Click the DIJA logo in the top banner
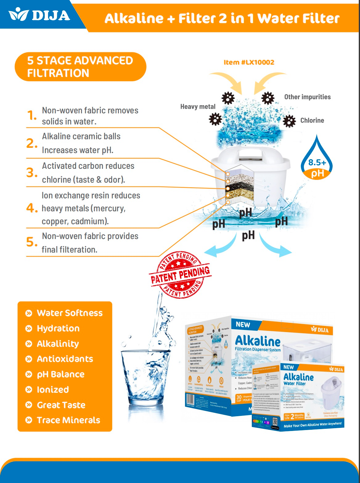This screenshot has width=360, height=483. [40, 15]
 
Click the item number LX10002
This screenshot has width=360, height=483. [249, 62]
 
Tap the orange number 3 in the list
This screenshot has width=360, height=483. [31, 172]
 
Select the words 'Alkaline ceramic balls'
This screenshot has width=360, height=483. [81, 136]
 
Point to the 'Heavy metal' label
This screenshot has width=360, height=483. [198, 107]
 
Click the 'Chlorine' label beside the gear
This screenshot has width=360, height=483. [312, 120]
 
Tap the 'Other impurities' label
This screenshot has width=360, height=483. [307, 97]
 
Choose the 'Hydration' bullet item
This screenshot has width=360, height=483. [58, 328]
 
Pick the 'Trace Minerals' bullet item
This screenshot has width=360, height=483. [68, 420]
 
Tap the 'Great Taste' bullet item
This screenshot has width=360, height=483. [61, 405]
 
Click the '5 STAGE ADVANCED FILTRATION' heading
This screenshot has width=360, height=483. [80, 67]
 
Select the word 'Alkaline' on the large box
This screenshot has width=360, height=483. [258, 341]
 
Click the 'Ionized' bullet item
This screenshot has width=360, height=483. [53, 390]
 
